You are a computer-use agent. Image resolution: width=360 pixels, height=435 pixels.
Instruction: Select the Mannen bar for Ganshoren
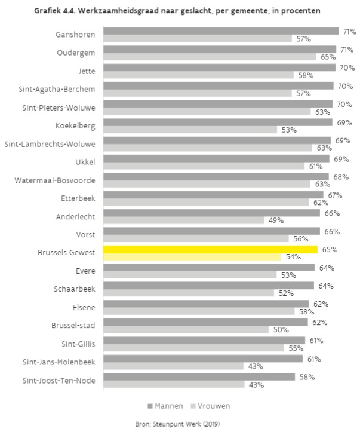221,31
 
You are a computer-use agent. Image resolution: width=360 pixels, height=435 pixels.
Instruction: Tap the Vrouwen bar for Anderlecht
184,220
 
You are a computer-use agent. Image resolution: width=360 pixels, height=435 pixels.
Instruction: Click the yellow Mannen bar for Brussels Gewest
210,249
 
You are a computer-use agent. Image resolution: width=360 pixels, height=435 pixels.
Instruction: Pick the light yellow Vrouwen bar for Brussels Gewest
192,257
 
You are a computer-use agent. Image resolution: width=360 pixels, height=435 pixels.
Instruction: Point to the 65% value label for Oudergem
328,57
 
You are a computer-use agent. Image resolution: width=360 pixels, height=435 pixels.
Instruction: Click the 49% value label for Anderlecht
276,220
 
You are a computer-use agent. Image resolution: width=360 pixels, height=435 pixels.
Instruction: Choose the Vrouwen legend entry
208,406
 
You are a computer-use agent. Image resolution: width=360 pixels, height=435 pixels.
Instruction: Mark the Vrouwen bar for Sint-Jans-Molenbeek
174,366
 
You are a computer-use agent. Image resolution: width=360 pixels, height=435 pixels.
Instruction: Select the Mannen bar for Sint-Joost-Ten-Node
199,377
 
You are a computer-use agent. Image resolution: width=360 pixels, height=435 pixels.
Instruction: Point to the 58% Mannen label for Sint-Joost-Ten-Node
306,377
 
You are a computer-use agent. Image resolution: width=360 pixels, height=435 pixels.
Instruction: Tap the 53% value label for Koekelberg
288,130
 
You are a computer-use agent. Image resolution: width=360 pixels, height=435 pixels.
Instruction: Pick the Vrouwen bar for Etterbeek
206,202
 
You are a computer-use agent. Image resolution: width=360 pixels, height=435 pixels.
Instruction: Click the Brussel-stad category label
73,326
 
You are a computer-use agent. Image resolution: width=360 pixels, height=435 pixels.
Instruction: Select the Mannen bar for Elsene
206,304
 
